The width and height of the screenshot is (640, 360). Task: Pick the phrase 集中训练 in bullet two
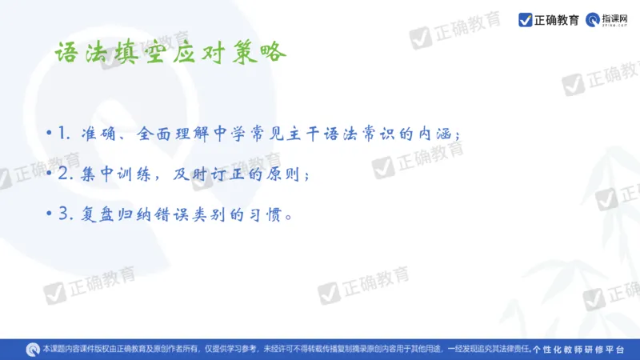[116, 174]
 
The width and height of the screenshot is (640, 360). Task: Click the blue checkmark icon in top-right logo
[526, 19]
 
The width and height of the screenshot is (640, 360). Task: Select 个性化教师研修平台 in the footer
[578, 349]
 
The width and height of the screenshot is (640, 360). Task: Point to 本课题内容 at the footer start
[61, 349]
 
